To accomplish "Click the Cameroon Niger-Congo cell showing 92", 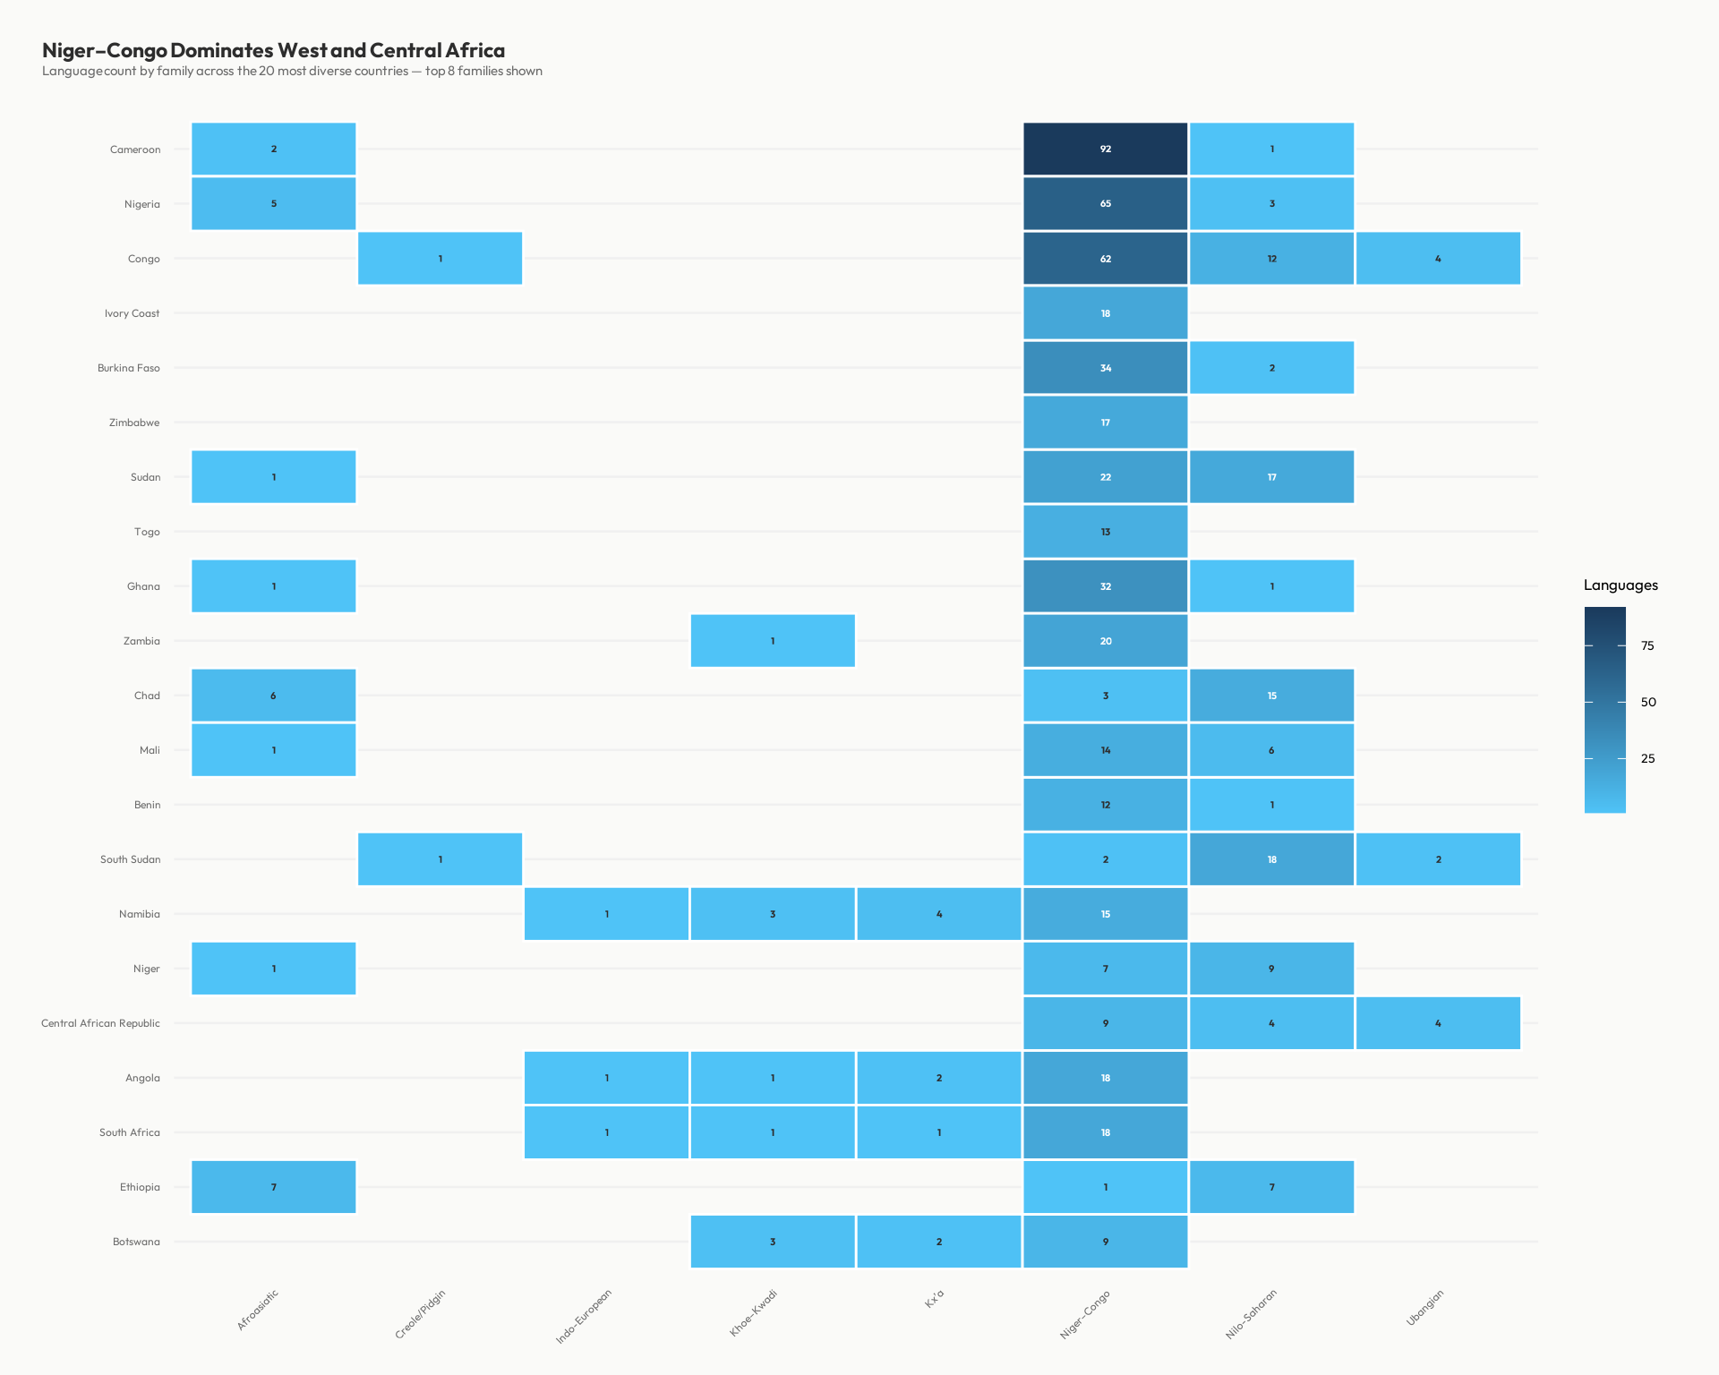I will (x=1105, y=149).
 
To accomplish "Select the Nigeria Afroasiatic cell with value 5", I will (x=273, y=203).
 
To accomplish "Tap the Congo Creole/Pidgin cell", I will (x=440, y=259).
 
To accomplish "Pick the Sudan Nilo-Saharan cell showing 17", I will (x=1271, y=477).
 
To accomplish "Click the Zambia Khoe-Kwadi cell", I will (x=772, y=641).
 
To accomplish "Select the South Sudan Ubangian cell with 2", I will (x=1438, y=859).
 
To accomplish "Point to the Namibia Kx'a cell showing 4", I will (x=938, y=914).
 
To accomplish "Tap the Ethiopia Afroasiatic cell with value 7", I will (x=273, y=1187).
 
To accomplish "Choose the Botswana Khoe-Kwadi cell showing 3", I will (x=772, y=1242).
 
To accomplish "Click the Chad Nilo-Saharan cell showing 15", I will (x=1271, y=696).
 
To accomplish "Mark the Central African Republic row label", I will (x=100, y=1023).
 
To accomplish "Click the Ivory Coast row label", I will (x=132, y=313).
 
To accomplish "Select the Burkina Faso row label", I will (x=128, y=368).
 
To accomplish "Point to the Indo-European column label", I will (x=584, y=1317).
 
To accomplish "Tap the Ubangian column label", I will (x=1425, y=1308).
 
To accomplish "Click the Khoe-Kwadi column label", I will (x=754, y=1313).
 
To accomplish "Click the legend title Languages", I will (x=1621, y=585).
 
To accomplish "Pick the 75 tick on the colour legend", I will (x=1647, y=645).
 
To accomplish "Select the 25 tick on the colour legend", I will (x=1647, y=758).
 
